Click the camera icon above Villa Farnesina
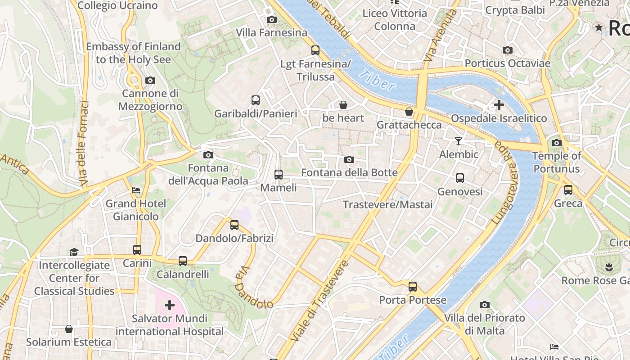(x=271, y=19)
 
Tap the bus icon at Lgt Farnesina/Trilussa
(x=315, y=50)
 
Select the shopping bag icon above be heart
(x=343, y=105)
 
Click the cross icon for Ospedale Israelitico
(x=499, y=105)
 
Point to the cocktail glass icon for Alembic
(x=458, y=141)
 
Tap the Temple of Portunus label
(x=557, y=162)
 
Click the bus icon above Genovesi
(x=459, y=178)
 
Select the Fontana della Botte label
(x=349, y=173)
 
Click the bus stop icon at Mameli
(x=279, y=174)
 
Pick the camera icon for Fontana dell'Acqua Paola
(x=208, y=155)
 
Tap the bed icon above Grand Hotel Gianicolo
(x=135, y=190)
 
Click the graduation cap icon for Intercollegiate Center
(x=74, y=252)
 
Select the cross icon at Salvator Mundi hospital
(x=169, y=306)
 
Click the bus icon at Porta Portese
(x=412, y=286)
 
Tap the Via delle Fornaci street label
(x=84, y=144)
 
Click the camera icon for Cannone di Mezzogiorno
(x=150, y=81)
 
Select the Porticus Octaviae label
(x=507, y=63)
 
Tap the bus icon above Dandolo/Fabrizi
(x=234, y=225)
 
